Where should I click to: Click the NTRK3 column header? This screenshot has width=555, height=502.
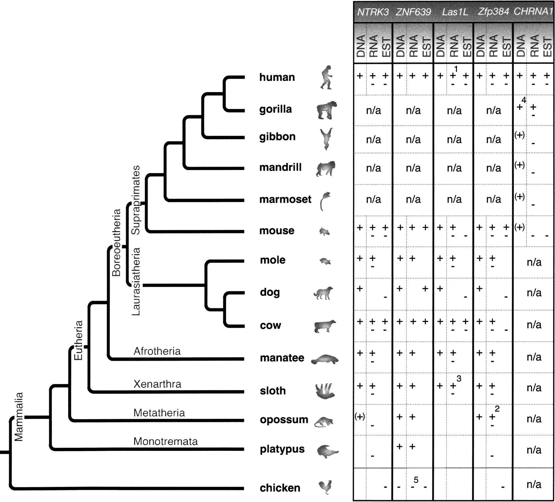point(373,12)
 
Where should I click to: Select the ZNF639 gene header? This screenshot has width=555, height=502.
point(413,12)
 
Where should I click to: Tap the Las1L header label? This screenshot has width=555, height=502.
point(454,12)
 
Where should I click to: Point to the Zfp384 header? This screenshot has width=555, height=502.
point(493,12)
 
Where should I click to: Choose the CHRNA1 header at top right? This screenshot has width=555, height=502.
point(533,12)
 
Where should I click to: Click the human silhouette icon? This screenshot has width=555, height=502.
point(327,77)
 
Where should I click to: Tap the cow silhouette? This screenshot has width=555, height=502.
point(325,326)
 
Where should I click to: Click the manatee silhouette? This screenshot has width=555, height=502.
point(324,359)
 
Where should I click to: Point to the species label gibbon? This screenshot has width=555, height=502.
point(277,137)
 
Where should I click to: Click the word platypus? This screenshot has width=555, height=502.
point(282,449)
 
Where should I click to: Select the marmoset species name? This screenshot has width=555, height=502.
point(285,199)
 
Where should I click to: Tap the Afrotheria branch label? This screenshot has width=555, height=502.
point(157,351)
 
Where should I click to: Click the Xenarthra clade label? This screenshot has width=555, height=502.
point(157,384)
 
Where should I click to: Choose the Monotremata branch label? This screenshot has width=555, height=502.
point(165,441)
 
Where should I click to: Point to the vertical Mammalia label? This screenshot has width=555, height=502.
point(19,416)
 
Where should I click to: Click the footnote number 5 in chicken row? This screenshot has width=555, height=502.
point(416,480)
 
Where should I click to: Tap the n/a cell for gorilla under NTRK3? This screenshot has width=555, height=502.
point(373,110)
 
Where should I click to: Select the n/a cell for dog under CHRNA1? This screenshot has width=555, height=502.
point(534,293)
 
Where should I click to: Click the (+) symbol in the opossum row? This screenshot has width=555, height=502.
point(360,416)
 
